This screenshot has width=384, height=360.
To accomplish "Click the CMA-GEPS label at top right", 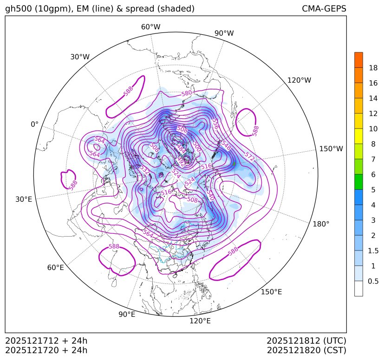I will point(324,9).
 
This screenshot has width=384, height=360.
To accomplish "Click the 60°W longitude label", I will point(150,27).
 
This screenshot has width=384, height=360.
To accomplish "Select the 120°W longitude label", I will point(299,80).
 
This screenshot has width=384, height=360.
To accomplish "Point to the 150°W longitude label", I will point(331,149).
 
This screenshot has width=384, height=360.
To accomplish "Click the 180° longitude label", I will point(321,224).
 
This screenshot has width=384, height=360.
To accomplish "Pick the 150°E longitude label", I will point(271,292).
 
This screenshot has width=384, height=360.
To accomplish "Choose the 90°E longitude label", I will point(127,315).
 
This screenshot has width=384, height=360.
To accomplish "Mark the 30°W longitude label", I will point(80,57).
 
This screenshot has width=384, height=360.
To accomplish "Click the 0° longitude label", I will point(35,124).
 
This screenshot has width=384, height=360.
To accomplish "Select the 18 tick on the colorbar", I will point(373,68).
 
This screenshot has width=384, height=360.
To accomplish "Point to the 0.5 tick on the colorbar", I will point(373,281).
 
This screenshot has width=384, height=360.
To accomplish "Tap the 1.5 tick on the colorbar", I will point(373,251).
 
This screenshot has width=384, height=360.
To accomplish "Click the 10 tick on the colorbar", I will point(373,129).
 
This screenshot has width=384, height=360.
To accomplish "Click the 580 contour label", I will point(187,93).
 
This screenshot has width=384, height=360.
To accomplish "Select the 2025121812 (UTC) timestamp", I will point(306,340).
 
